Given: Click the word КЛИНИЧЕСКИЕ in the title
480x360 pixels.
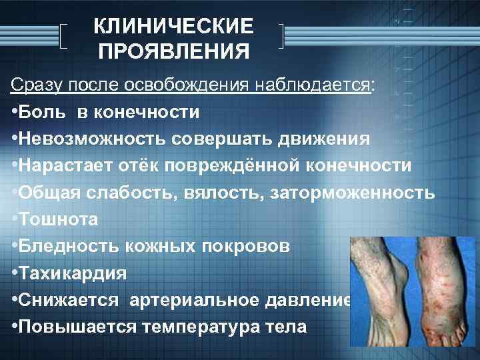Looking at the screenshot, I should pyautogui.click(x=173, y=27).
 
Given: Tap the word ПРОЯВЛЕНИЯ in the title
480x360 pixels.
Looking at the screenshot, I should pyautogui.click(x=173, y=51).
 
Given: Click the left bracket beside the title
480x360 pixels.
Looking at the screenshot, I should pyautogui.click(x=63, y=37).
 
